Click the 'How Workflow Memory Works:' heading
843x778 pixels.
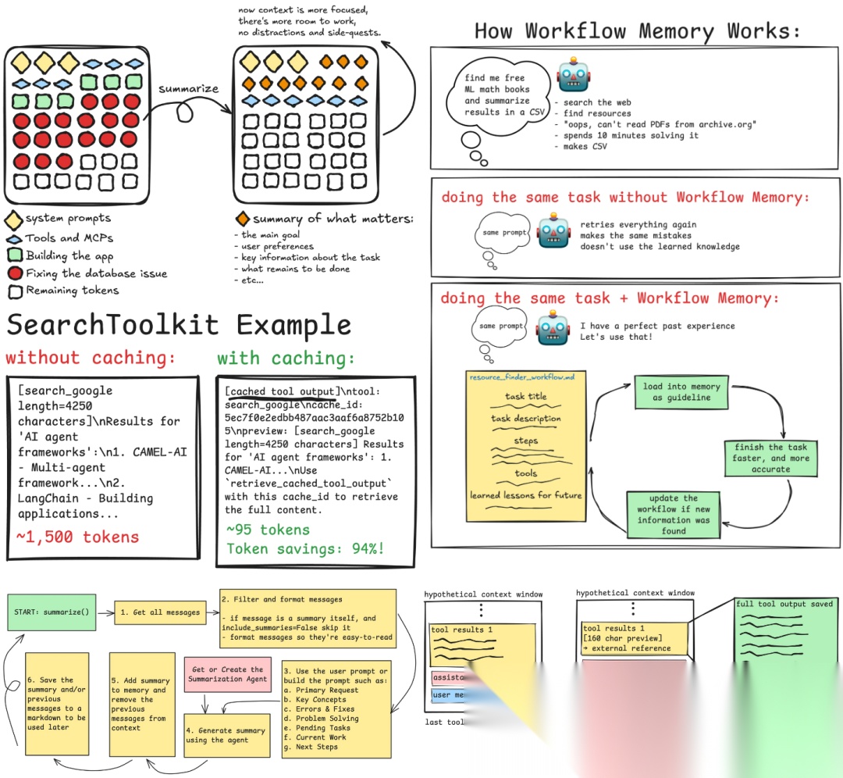[x=638, y=31]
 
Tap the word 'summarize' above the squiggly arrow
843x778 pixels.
[x=188, y=88]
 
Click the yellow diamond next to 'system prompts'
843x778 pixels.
[x=13, y=219]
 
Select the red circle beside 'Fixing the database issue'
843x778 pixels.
[x=13, y=273]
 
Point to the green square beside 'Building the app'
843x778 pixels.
[x=13, y=255]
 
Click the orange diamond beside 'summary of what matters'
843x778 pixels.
[x=243, y=219]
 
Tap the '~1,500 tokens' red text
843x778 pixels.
[x=77, y=537]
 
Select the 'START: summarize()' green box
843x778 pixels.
[x=54, y=612]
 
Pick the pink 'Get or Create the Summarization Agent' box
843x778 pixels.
[x=226, y=675]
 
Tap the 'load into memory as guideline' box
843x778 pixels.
[x=681, y=391]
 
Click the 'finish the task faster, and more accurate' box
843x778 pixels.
[x=770, y=458]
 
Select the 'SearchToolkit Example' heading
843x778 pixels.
[x=178, y=325]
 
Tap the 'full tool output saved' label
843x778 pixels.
[x=784, y=604]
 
